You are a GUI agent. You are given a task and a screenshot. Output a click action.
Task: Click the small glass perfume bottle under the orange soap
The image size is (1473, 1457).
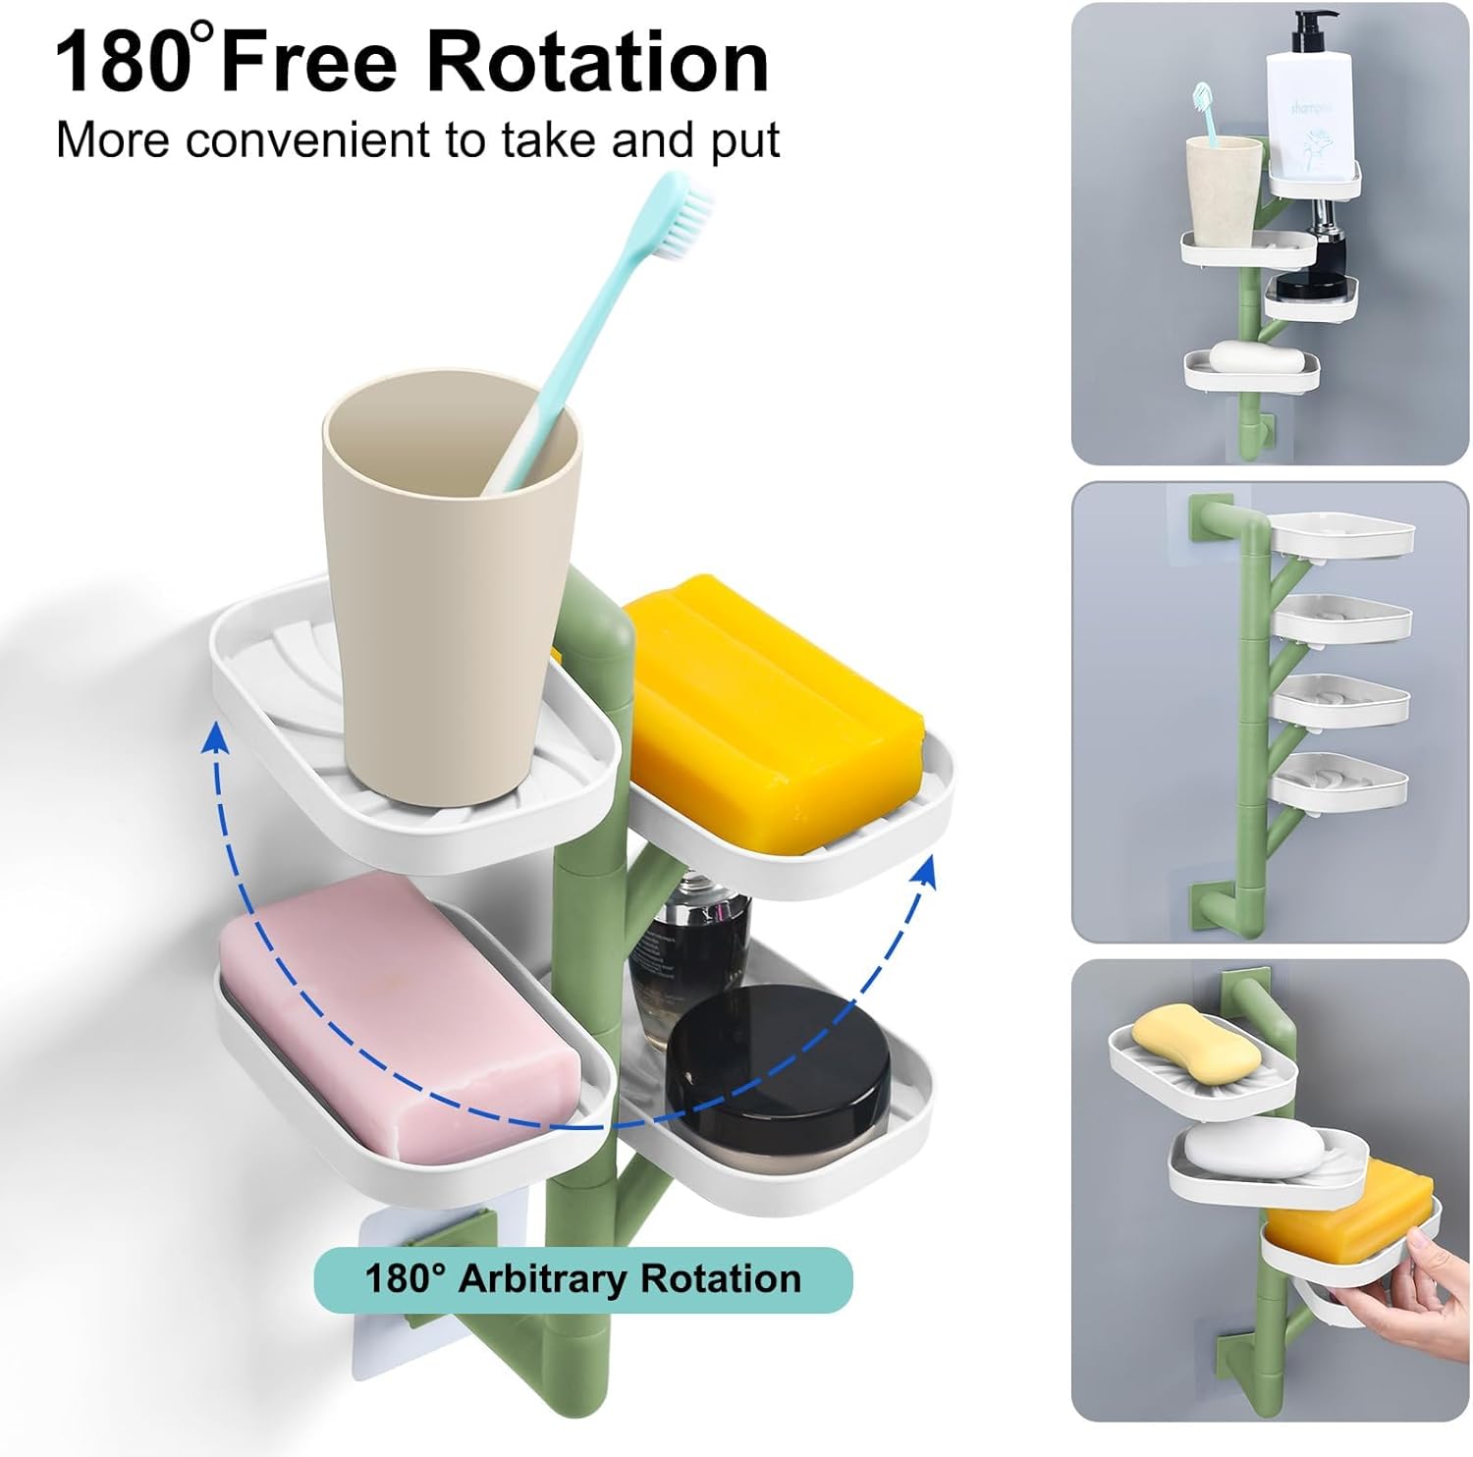(687, 943)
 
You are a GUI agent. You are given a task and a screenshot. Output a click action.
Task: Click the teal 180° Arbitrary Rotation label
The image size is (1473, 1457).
(583, 1279)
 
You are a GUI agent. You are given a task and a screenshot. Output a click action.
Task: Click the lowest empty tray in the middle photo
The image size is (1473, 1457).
(1337, 782)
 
